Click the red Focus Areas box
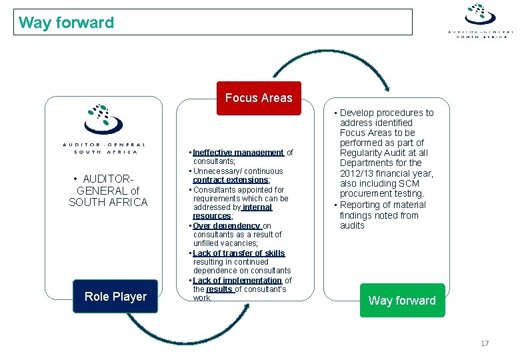point(259,98)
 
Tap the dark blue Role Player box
point(115,296)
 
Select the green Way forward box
point(401,300)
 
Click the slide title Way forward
point(67,22)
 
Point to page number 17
point(485,343)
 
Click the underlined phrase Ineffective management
point(239,153)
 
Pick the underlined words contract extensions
point(230,180)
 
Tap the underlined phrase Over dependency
point(227,226)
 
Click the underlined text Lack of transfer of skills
point(239,253)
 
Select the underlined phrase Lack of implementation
point(237,281)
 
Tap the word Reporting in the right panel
point(363,205)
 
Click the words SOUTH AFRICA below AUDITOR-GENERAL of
point(108,202)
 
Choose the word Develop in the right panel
point(360,113)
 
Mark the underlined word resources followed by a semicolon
point(211,216)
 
